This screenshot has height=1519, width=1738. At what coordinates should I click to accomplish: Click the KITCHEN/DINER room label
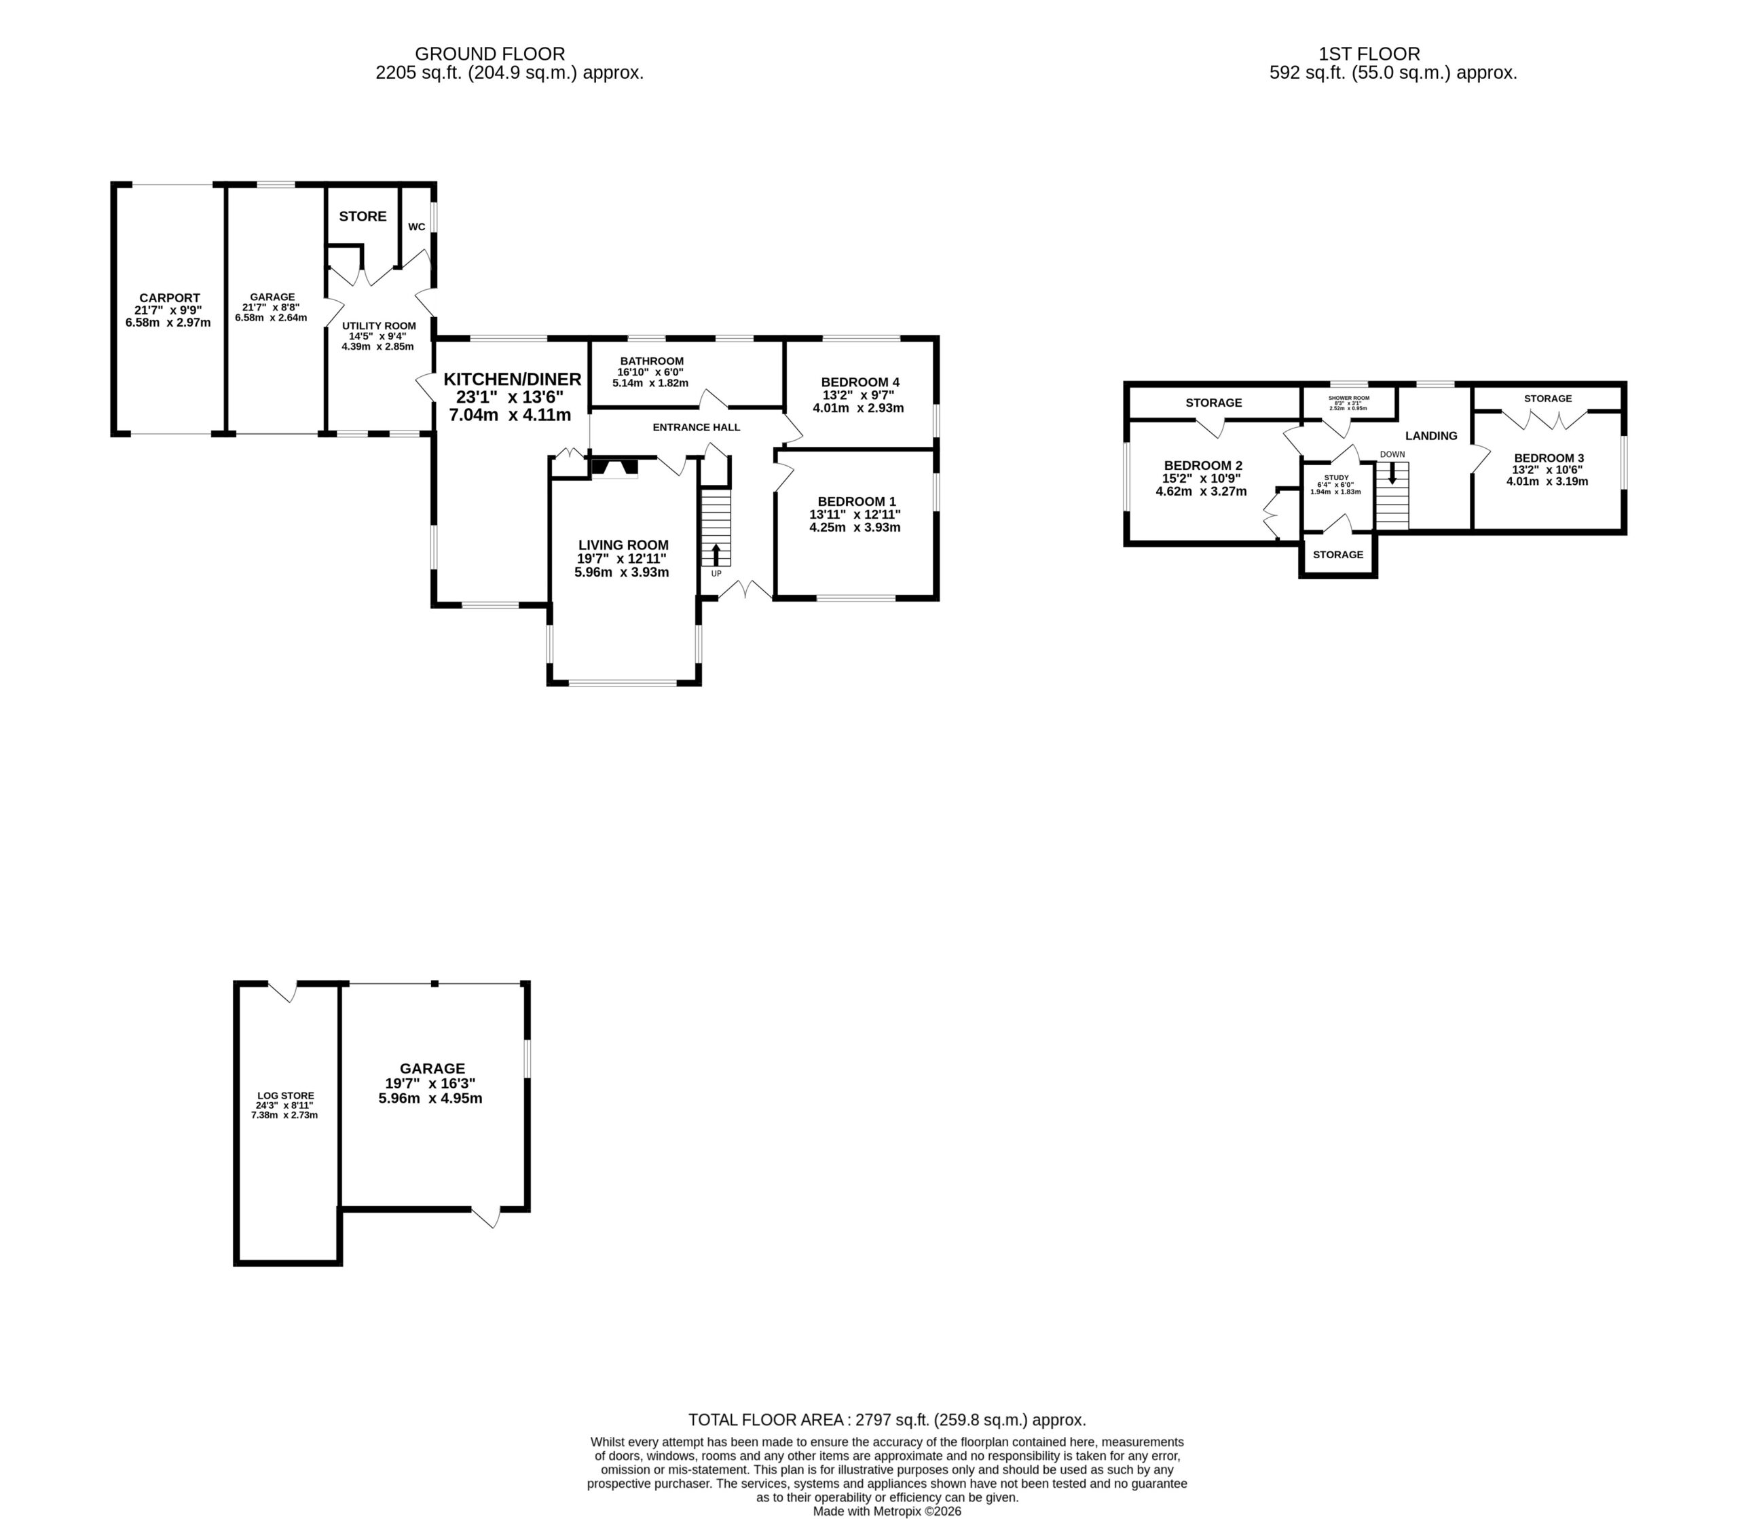513,380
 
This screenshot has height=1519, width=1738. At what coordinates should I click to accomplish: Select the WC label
417,227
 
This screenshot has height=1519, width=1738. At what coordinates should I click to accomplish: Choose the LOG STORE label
286,1096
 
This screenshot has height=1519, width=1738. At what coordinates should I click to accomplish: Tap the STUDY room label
1336,477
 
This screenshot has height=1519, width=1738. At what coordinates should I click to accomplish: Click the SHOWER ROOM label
1348,397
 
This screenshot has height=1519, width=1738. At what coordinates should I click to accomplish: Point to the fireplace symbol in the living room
614,468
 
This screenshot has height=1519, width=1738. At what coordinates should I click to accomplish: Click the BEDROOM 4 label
860,382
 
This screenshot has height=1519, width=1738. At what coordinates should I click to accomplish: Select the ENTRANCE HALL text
697,427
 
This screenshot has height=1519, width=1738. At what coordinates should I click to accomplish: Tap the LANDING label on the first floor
1431,436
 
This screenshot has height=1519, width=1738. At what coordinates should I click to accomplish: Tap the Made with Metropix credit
887,1511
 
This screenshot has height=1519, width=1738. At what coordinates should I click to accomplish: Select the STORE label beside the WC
363,216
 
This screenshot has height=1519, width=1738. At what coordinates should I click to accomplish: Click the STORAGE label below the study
1338,554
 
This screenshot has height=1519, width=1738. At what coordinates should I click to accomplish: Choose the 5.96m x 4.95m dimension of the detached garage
430,1099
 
